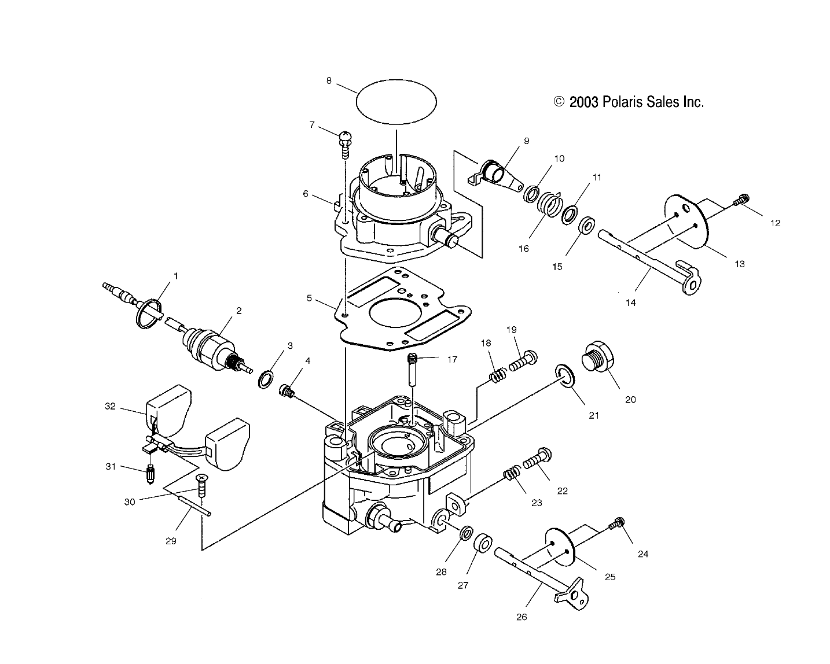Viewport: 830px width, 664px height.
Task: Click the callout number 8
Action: [329, 81]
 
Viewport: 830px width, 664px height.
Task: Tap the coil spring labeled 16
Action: [547, 204]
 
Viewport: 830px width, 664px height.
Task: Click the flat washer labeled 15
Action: [586, 224]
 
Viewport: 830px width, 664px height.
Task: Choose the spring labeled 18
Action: [495, 375]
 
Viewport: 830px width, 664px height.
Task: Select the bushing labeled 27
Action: [483, 544]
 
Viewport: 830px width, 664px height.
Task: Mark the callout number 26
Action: [521, 617]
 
